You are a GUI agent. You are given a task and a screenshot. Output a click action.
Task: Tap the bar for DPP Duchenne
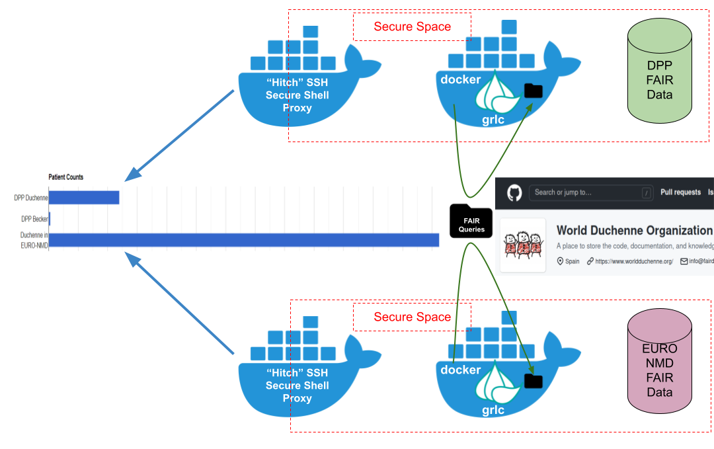(84, 198)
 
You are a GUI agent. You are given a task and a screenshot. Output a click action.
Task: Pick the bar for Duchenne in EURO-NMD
(244, 240)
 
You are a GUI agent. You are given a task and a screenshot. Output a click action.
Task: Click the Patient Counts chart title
(66, 177)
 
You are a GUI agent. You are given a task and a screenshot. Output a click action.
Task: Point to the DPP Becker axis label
(35, 219)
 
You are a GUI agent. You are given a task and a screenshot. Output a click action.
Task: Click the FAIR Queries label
(472, 225)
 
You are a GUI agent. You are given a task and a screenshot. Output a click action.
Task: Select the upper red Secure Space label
(412, 27)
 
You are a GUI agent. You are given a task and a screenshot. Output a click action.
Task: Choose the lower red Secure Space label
(412, 317)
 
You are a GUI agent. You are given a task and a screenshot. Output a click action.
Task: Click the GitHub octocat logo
(514, 192)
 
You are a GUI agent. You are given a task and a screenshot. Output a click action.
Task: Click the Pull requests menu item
(680, 192)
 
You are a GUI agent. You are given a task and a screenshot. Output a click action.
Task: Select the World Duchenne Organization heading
(634, 231)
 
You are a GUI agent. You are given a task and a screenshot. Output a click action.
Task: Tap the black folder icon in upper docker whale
(533, 91)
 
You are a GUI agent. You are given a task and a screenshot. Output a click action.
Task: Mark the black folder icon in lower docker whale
(533, 381)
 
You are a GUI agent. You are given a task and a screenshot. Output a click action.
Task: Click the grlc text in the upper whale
(493, 120)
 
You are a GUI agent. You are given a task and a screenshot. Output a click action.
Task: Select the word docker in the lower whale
(461, 370)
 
